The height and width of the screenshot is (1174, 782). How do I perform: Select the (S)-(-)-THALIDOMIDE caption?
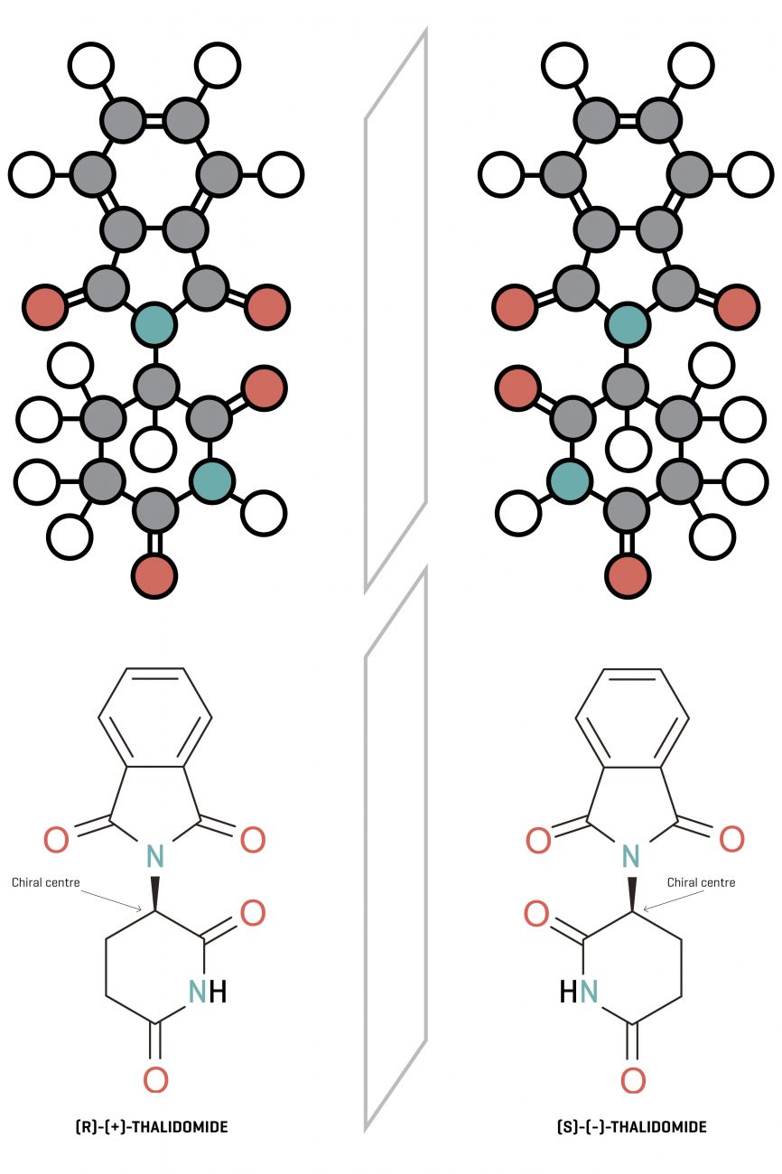pyautogui.click(x=632, y=1127)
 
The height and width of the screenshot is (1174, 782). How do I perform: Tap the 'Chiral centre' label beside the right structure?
pyautogui.click(x=701, y=882)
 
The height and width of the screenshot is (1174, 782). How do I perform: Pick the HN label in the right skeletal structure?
pyautogui.click(x=579, y=992)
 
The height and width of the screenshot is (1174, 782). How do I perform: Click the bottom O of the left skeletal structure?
pyautogui.click(x=155, y=1078)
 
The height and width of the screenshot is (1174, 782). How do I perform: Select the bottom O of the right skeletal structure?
pyautogui.click(x=633, y=1078)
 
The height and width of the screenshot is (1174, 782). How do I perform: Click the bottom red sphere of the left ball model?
pyautogui.click(x=154, y=574)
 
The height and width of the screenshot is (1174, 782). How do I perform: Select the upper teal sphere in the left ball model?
pyautogui.click(x=154, y=324)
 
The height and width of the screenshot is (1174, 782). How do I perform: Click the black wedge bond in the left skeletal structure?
pyautogui.click(x=155, y=894)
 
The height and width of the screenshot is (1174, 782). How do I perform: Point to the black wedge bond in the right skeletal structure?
pyautogui.click(x=632, y=894)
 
